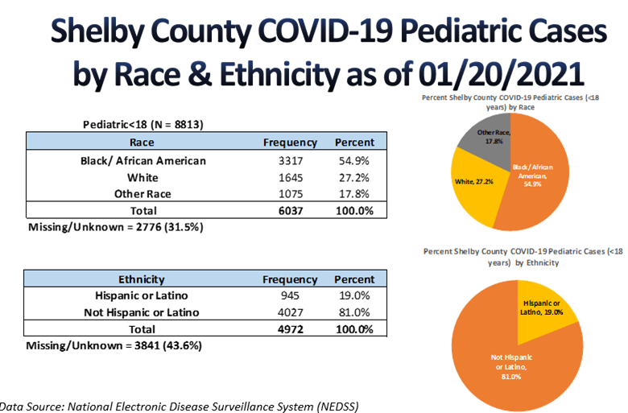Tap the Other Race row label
[143, 194]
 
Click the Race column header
[143, 142]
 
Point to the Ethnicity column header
[142, 279]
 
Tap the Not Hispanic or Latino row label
[143, 312]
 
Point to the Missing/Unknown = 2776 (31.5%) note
[115, 227]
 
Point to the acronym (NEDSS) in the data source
[334, 405]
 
